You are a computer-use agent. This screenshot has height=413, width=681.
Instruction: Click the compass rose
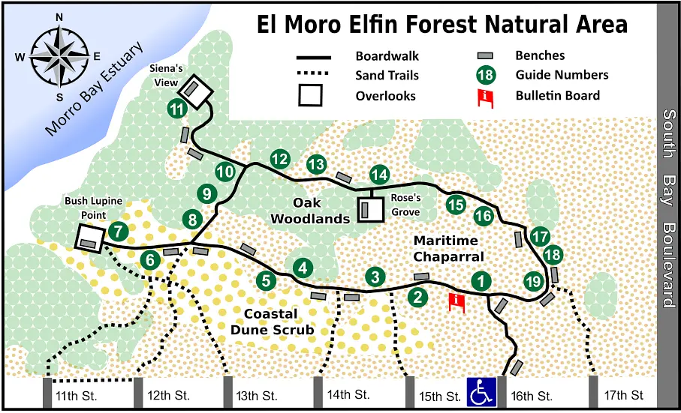[x=58, y=58]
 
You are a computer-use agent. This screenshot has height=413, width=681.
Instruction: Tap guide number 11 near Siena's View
[x=177, y=109]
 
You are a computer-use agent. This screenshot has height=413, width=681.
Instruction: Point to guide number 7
[x=117, y=232]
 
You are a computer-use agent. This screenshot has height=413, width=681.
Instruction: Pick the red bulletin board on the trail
[x=456, y=301]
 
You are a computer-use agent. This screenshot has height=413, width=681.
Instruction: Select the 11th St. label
[x=75, y=395]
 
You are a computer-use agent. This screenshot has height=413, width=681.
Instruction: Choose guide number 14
[x=380, y=175]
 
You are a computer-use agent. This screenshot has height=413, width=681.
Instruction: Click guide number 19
[x=533, y=282]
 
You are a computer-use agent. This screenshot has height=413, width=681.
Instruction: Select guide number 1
[x=481, y=282]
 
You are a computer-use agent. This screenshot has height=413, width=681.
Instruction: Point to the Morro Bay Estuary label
[x=92, y=95]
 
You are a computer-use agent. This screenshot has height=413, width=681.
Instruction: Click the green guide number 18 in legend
[x=485, y=75]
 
